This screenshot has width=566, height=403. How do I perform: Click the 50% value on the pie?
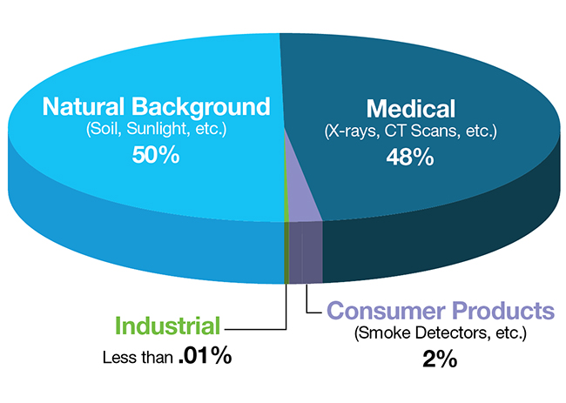[156, 155]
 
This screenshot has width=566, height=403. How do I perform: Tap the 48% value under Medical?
[410, 157]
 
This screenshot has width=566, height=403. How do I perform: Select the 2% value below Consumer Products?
[440, 359]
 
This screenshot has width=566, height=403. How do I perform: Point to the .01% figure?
[205, 355]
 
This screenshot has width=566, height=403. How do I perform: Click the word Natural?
[84, 106]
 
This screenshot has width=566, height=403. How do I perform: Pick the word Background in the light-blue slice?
[200, 108]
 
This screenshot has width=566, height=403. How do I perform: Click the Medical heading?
[411, 109]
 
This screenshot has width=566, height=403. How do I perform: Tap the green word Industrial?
[167, 326]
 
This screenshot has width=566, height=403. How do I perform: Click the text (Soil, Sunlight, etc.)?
[156, 129]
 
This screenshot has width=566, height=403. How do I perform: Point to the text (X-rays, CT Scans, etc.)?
[411, 131]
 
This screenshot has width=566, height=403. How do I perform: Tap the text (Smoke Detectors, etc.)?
[441, 332]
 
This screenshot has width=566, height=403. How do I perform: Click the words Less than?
[138, 357]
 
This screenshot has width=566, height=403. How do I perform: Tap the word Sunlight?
[158, 129]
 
